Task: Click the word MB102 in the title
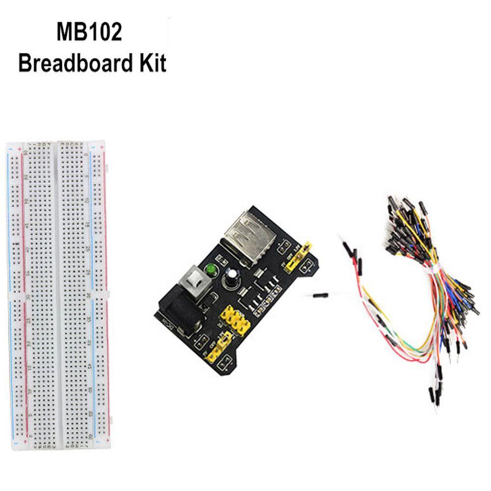tap(89, 34)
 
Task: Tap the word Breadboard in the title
tap(69, 64)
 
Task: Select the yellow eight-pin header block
tap(234, 321)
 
